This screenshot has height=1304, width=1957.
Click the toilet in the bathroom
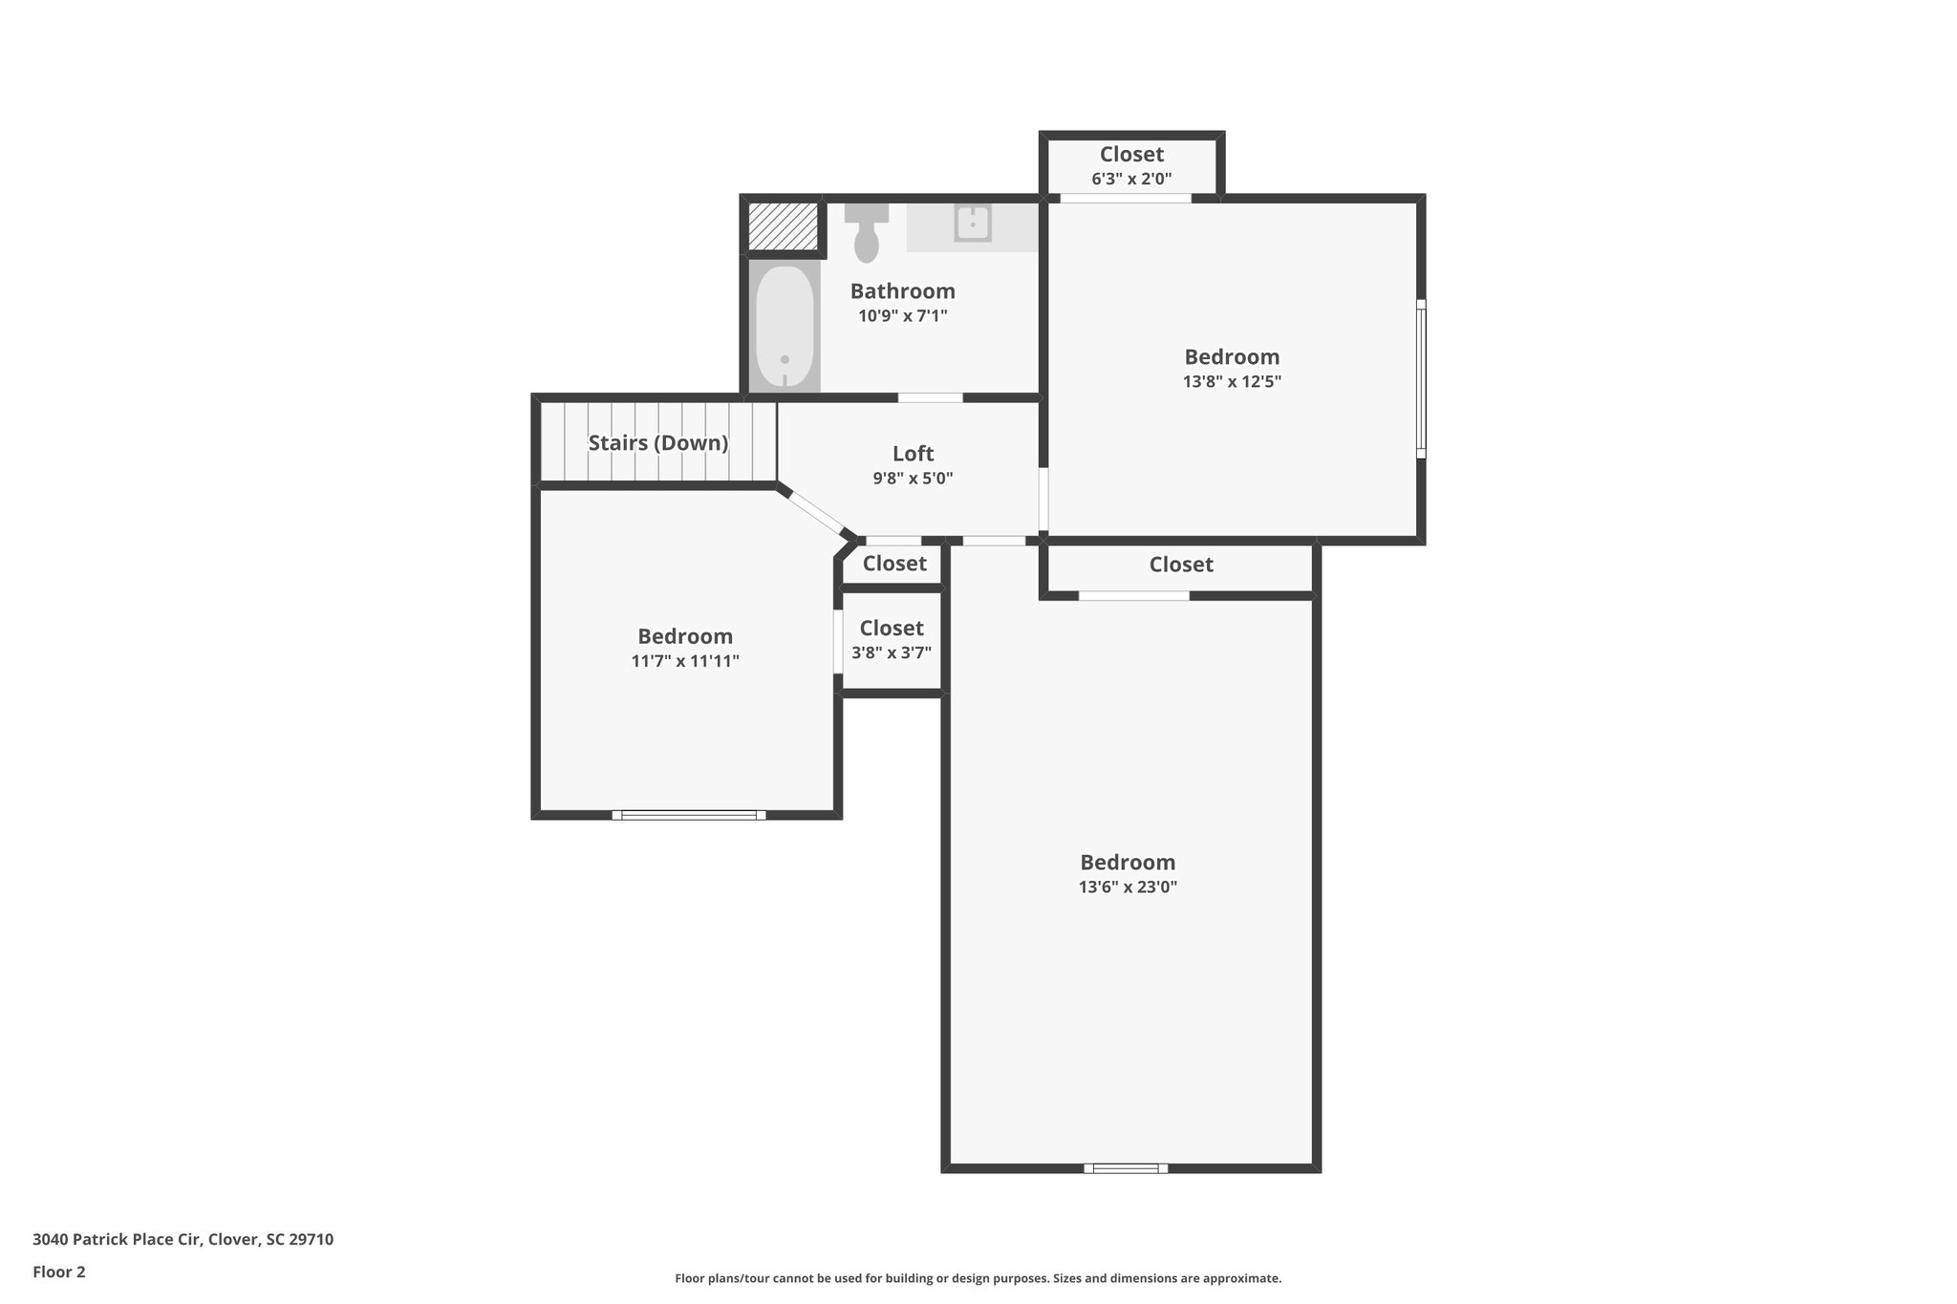point(866,234)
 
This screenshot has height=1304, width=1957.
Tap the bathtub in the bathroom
point(785,327)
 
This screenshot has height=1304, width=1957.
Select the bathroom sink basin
point(973,224)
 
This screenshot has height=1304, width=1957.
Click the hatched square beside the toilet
point(783,226)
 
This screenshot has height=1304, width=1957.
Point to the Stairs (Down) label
point(657,443)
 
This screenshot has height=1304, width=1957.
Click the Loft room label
point(913,454)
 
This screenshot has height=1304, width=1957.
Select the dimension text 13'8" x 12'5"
point(1231,381)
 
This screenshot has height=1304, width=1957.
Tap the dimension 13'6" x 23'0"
point(1128,887)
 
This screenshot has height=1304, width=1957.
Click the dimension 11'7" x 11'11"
point(685,661)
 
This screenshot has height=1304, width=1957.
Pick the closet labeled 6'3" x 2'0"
point(1131,165)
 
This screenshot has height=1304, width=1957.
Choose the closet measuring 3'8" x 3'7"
point(892,640)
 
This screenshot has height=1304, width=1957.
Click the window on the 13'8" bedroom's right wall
point(1421,378)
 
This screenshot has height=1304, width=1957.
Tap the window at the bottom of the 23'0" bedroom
point(1126,1167)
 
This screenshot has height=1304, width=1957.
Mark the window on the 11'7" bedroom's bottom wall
point(688,815)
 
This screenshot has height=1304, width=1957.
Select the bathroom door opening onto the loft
point(930,397)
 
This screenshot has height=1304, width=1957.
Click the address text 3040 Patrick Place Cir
point(183,1240)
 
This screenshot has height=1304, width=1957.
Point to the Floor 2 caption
point(59,1272)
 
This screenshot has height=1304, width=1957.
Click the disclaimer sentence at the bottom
point(978,1278)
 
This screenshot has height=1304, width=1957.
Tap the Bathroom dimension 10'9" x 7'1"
point(902,316)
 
